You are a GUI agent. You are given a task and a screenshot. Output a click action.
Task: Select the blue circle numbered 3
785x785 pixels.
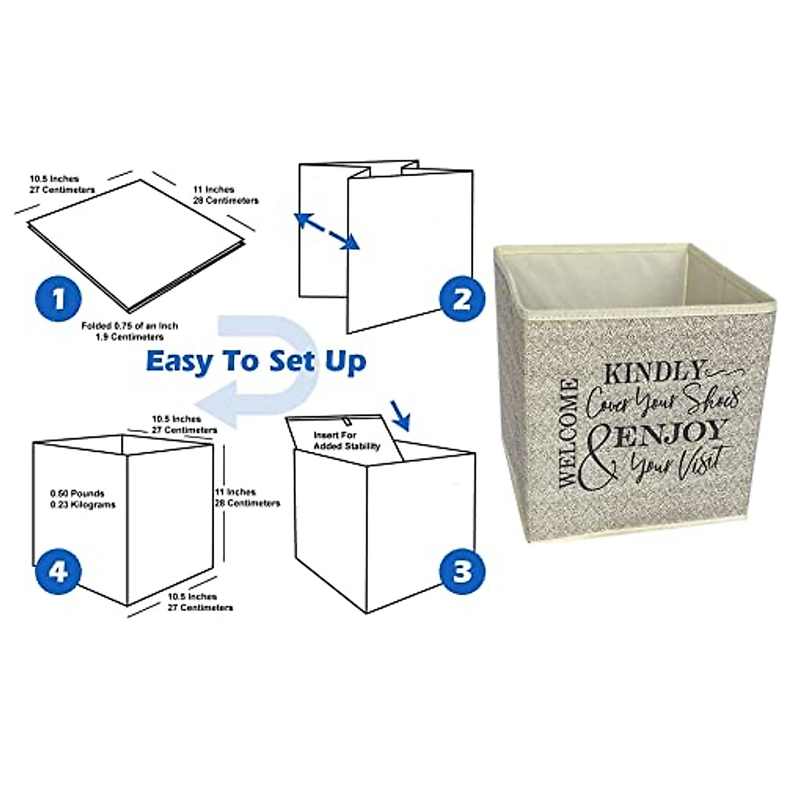pyautogui.click(x=462, y=571)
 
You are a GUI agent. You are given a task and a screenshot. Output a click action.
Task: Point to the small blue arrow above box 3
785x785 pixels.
pyautogui.click(x=398, y=413)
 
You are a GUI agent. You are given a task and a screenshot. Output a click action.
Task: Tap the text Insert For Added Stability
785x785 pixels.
pyautogui.click(x=347, y=440)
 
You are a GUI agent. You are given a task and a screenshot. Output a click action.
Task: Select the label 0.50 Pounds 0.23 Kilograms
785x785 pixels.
pyautogui.click(x=82, y=499)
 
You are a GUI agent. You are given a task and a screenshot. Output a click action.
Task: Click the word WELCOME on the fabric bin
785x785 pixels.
pyautogui.click(x=568, y=432)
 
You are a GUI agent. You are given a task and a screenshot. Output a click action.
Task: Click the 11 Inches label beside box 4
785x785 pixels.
pyautogui.click(x=247, y=497)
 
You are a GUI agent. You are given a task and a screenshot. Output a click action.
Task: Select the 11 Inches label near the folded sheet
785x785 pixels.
pyautogui.click(x=225, y=194)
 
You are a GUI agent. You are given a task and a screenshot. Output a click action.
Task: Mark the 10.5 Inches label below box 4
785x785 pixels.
pyautogui.click(x=200, y=602)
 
